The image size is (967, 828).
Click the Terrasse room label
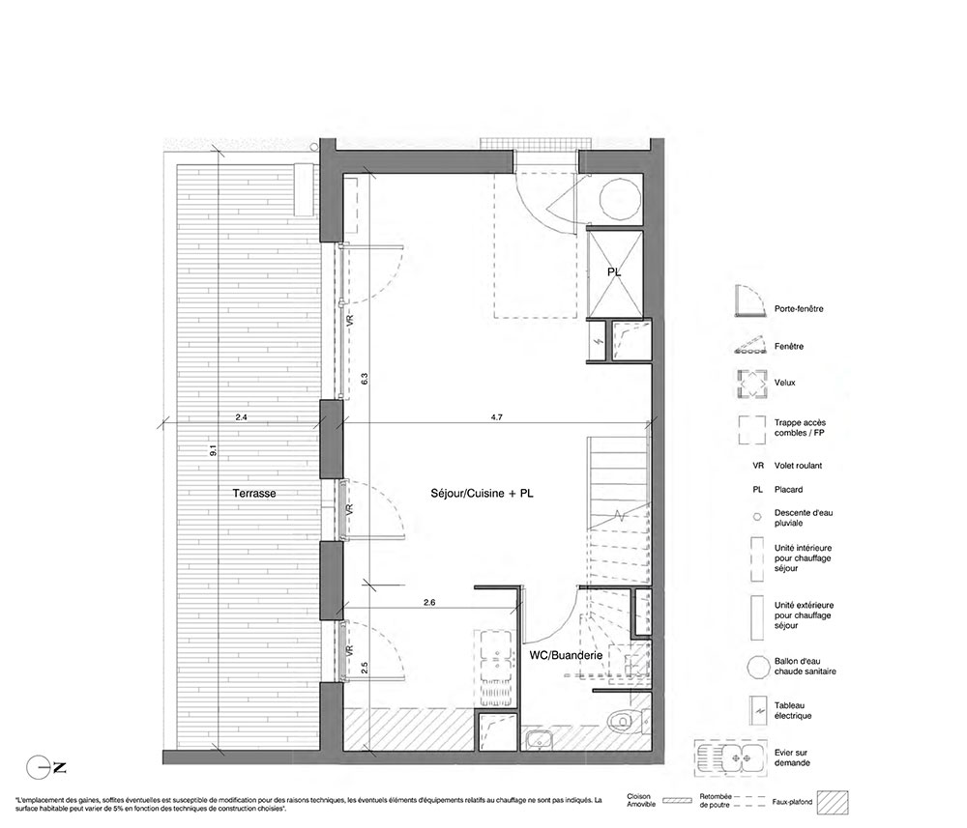(x=254, y=494)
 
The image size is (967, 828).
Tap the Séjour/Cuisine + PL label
(x=482, y=494)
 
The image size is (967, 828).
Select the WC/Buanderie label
(x=566, y=655)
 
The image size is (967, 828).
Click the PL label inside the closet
(x=614, y=271)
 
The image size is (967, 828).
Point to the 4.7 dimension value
(x=496, y=417)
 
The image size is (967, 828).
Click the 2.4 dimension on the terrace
(x=241, y=417)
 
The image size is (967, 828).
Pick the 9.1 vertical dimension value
(x=214, y=450)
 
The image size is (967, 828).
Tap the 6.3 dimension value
(x=365, y=379)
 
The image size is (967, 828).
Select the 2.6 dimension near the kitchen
(x=429, y=602)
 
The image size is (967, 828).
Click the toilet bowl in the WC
(x=622, y=721)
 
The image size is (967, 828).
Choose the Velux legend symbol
(x=750, y=384)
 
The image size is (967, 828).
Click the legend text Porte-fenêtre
(x=799, y=308)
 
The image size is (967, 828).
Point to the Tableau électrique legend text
(x=793, y=710)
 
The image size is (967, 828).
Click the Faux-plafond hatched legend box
(x=832, y=802)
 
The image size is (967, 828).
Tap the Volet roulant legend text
(x=798, y=466)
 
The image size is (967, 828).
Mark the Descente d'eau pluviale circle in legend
(x=757, y=518)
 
